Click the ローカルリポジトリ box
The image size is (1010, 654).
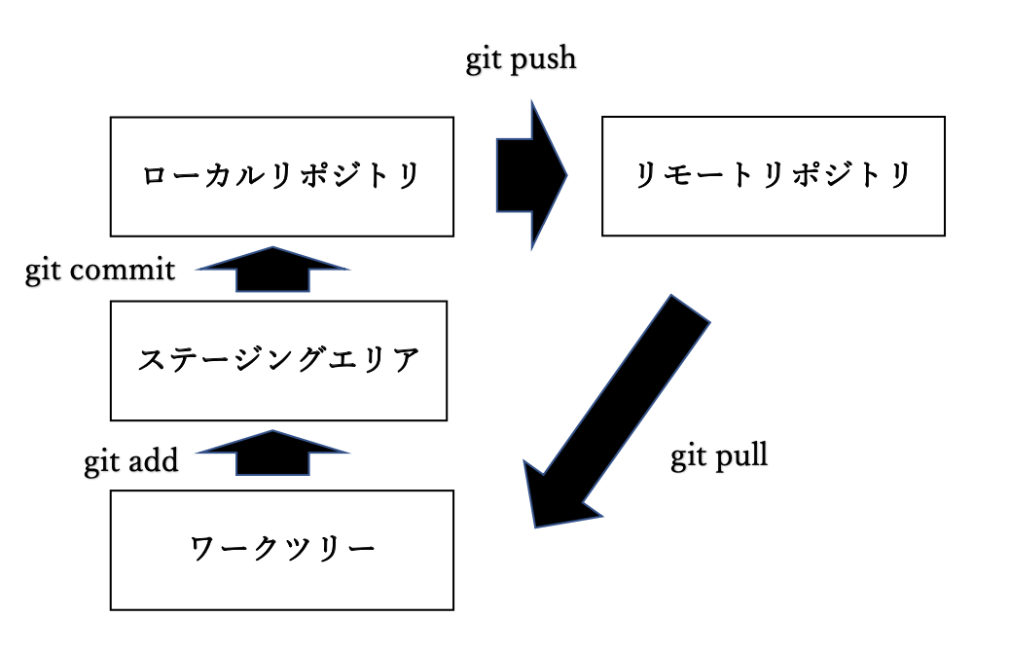[x=281, y=176]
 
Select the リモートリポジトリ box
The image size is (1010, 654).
[x=773, y=176]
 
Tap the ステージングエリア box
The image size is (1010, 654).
[x=278, y=360]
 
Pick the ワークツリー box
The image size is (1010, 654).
[x=281, y=550]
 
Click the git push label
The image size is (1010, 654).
[x=520, y=59]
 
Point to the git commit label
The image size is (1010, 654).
[x=100, y=270]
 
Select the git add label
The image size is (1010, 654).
[x=131, y=460]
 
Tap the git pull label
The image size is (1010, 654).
[x=719, y=455]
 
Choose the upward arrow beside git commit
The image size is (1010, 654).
[x=272, y=270]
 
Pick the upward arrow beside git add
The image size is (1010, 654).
[x=272, y=454]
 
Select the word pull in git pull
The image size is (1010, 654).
[x=741, y=455]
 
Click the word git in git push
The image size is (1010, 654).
[x=482, y=60]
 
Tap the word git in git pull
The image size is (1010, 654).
[x=688, y=455]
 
